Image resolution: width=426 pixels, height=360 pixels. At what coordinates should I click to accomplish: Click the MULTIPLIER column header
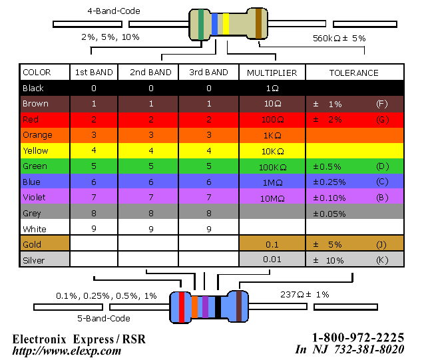(272, 73)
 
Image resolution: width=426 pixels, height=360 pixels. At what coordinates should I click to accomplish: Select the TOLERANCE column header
(353, 73)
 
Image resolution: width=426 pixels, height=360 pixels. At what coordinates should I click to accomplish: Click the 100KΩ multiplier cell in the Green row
(272, 166)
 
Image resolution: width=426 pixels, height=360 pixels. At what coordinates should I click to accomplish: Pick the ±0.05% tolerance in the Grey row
(329, 214)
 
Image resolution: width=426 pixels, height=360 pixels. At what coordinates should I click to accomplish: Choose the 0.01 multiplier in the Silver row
(272, 260)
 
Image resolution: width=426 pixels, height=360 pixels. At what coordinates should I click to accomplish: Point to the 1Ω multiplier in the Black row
(272, 89)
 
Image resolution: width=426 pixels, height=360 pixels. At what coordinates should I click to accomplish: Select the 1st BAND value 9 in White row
(94, 229)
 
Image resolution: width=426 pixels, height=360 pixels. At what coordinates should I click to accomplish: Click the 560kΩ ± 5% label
(339, 38)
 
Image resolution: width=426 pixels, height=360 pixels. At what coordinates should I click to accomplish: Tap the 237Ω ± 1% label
(305, 294)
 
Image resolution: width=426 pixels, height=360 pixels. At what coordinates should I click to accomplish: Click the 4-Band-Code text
(113, 11)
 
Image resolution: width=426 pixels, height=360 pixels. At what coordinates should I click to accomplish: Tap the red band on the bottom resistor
(182, 307)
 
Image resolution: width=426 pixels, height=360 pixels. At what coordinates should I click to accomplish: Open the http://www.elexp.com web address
(67, 351)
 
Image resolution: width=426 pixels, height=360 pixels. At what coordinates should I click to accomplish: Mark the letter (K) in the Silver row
(381, 260)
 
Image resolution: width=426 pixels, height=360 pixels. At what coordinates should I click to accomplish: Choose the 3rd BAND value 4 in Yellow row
(209, 151)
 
